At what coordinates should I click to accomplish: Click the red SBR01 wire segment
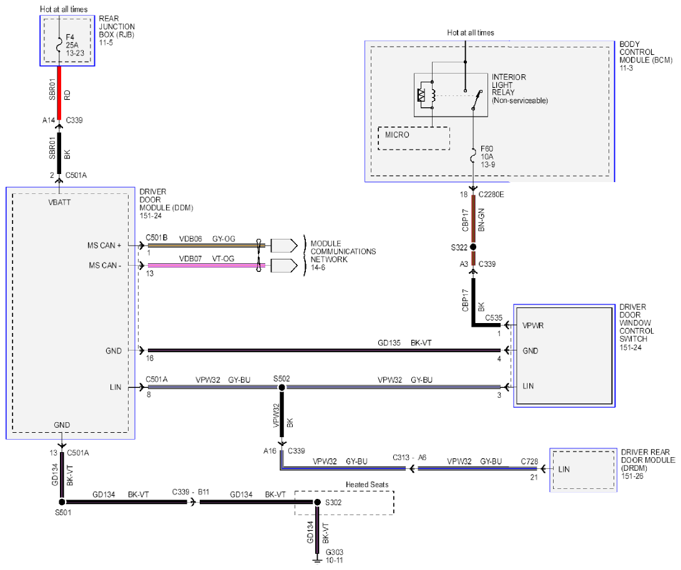[59, 92]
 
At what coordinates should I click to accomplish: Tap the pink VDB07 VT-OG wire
[207, 265]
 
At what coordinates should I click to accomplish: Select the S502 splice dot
[282, 387]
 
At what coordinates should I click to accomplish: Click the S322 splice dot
[473, 247]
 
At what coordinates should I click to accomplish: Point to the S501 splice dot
[62, 502]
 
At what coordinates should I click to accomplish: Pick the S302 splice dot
[317, 502]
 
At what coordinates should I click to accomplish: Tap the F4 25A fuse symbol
[59, 45]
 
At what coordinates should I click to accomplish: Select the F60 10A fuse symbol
[473, 156]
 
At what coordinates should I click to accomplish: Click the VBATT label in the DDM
[59, 202]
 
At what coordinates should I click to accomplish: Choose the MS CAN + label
[104, 246]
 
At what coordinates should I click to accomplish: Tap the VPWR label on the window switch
[533, 326]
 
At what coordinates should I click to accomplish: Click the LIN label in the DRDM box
[564, 469]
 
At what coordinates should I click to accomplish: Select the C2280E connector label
[491, 195]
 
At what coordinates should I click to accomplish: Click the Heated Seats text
[367, 485]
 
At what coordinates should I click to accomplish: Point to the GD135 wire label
[389, 343]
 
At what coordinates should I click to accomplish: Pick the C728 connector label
[529, 461]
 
